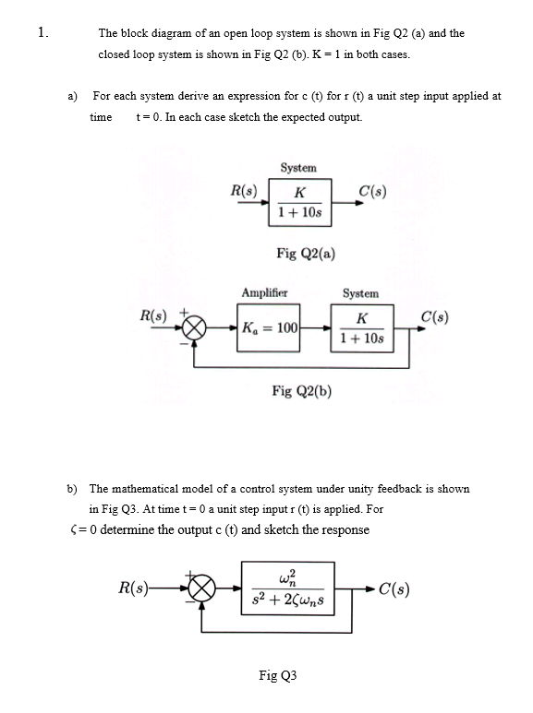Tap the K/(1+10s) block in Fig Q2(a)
(x=298, y=202)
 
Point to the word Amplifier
(x=264, y=293)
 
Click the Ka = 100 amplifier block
(x=268, y=328)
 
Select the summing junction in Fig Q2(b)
(x=194, y=329)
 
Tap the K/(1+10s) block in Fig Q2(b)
(x=361, y=327)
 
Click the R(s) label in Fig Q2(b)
(x=154, y=315)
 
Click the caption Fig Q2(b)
(x=302, y=391)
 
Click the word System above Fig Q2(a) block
(x=298, y=168)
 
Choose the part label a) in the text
(x=69, y=96)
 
